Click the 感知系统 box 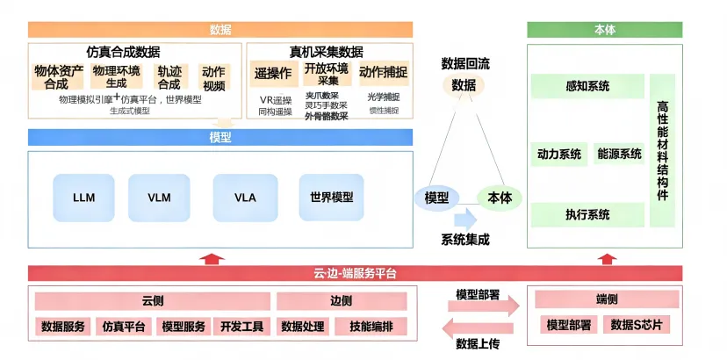pos(587,86)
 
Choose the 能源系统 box pos(620,154)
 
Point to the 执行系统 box pos(587,214)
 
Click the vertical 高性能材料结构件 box pos(662,150)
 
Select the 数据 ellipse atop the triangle pos(464,85)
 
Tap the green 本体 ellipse pos(500,198)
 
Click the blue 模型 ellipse pos(436,198)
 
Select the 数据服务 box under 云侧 pos(63,327)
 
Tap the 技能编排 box pos(371,327)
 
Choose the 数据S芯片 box pos(637,325)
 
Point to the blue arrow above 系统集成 pos(464,219)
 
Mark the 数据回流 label pos(464,63)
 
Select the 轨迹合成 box pos(169,77)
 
